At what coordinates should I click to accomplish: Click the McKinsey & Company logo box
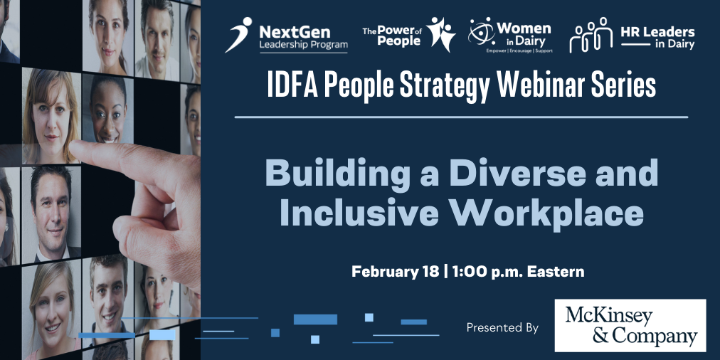tap(630, 325)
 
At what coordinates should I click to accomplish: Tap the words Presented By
tap(502, 328)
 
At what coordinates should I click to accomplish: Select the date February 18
tap(396, 271)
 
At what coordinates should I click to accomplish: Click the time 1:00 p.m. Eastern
tap(518, 271)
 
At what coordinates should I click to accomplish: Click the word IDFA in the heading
tap(292, 86)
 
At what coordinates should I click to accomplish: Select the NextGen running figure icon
tap(238, 35)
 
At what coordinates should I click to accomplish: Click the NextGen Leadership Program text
tap(303, 38)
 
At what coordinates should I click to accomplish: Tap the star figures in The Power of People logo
tap(440, 34)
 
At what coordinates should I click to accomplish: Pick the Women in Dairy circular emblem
tap(482, 31)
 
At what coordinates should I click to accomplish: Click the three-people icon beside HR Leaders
tap(591, 35)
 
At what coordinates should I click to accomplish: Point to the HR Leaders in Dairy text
tap(657, 38)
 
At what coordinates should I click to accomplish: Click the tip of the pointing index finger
tap(72, 147)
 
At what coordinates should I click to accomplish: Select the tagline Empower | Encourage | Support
tap(519, 51)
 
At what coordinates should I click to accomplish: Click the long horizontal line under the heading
tap(461, 117)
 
